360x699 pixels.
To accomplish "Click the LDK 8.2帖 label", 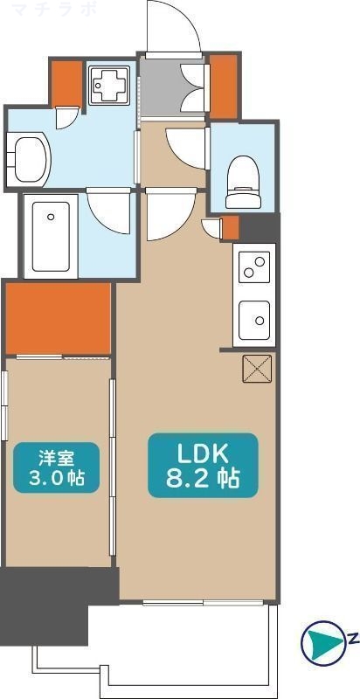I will [x=203, y=466].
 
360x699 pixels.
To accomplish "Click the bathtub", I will [x=51, y=236].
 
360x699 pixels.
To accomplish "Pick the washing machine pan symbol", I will [x=111, y=84].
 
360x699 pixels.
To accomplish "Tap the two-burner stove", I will [x=254, y=266].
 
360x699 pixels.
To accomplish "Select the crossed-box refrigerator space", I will [x=258, y=370].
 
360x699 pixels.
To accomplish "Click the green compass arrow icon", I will [x=322, y=644].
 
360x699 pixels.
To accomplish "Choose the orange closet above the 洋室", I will [x=59, y=318].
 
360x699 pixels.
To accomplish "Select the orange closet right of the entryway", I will [x=224, y=86].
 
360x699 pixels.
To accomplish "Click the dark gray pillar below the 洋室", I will [x=44, y=603].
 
